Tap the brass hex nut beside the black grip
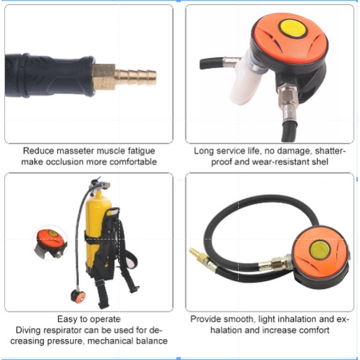pos(104,77)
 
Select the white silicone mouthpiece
pos(246,78)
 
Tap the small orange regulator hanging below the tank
pos(78,296)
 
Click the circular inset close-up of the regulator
pos(50,243)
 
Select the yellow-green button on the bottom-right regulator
pos(320,250)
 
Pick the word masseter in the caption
pos(75,151)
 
